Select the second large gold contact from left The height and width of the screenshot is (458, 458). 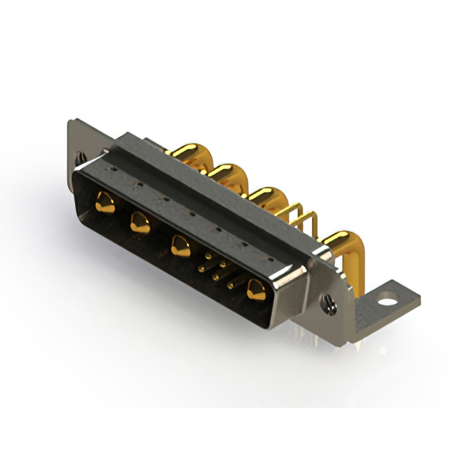139,224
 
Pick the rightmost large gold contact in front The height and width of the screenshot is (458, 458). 254,290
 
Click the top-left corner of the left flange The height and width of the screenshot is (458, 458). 71,122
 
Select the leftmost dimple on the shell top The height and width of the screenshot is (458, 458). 113,170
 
